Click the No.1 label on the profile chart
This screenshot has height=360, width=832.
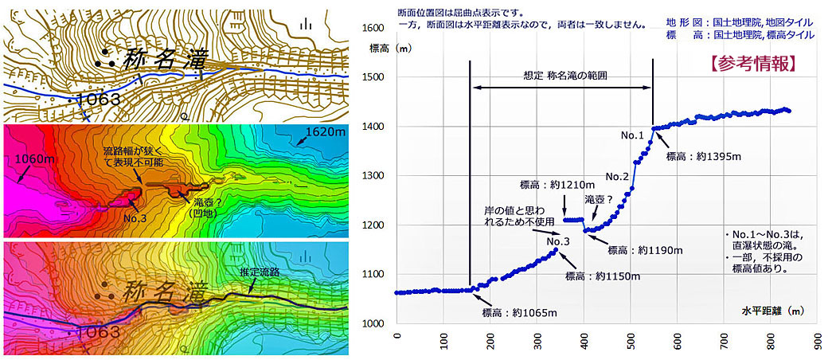[632, 135]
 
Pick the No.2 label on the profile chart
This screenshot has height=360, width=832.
[617, 176]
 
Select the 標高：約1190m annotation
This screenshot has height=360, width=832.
[645, 250]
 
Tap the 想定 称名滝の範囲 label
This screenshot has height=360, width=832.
[561, 74]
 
